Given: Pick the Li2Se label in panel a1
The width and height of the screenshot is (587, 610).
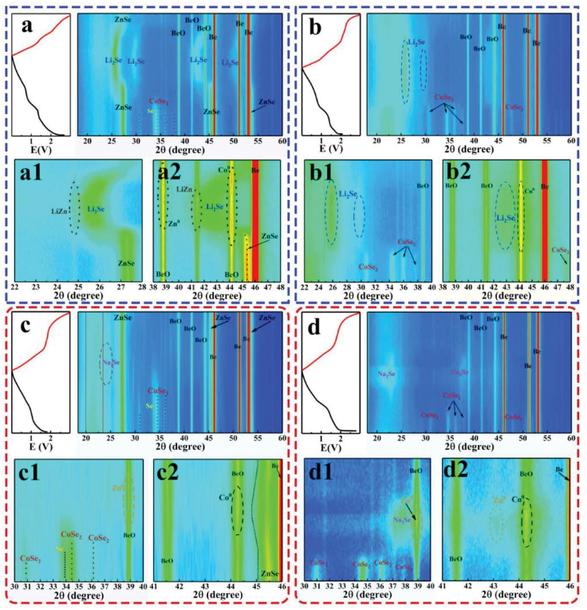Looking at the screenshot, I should (95, 210).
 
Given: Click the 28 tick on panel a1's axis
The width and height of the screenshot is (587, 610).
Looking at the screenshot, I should (143, 285).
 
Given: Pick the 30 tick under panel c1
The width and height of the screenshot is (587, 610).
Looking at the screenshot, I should (14, 586).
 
